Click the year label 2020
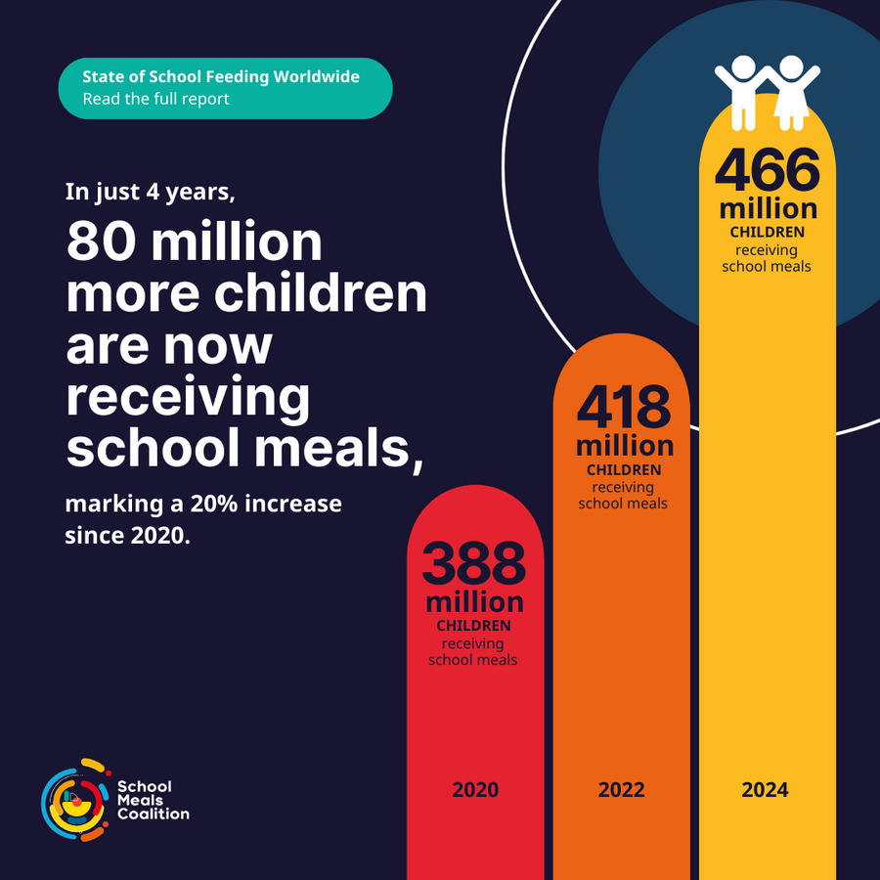pyautogui.click(x=474, y=789)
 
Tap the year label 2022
pyautogui.click(x=621, y=789)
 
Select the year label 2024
pyautogui.click(x=765, y=789)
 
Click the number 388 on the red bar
pyautogui.click(x=474, y=563)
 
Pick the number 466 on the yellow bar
pyautogui.click(x=768, y=171)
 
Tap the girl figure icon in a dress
pyautogui.click(x=792, y=93)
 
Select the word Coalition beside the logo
pyautogui.click(x=154, y=814)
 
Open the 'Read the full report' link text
pyautogui.click(x=155, y=99)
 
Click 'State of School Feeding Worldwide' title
pyautogui.click(x=221, y=76)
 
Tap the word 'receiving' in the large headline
pyautogui.click(x=188, y=396)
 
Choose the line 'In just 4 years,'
pyautogui.click(x=151, y=192)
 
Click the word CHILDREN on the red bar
pyautogui.click(x=474, y=626)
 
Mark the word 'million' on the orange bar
pyautogui.click(x=625, y=446)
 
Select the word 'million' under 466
pyautogui.click(x=768, y=208)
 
